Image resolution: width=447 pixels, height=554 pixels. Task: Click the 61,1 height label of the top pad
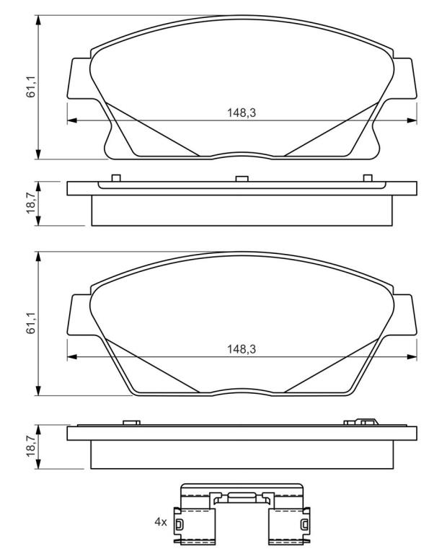pyautogui.click(x=32, y=87)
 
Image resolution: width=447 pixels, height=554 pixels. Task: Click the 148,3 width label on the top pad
pyautogui.click(x=242, y=113)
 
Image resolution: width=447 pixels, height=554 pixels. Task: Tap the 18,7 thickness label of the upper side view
pyautogui.click(x=32, y=203)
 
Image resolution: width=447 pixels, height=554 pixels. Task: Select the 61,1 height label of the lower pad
pyautogui.click(x=32, y=324)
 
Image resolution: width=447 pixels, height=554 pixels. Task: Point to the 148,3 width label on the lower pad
pyautogui.click(x=242, y=349)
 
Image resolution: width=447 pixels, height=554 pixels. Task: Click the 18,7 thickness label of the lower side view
pyautogui.click(x=32, y=447)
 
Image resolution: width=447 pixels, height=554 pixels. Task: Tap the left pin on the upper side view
pyautogui.click(x=116, y=178)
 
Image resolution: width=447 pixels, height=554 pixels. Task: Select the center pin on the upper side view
pyautogui.click(x=242, y=178)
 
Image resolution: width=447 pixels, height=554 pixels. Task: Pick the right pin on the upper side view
pyautogui.click(x=368, y=178)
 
